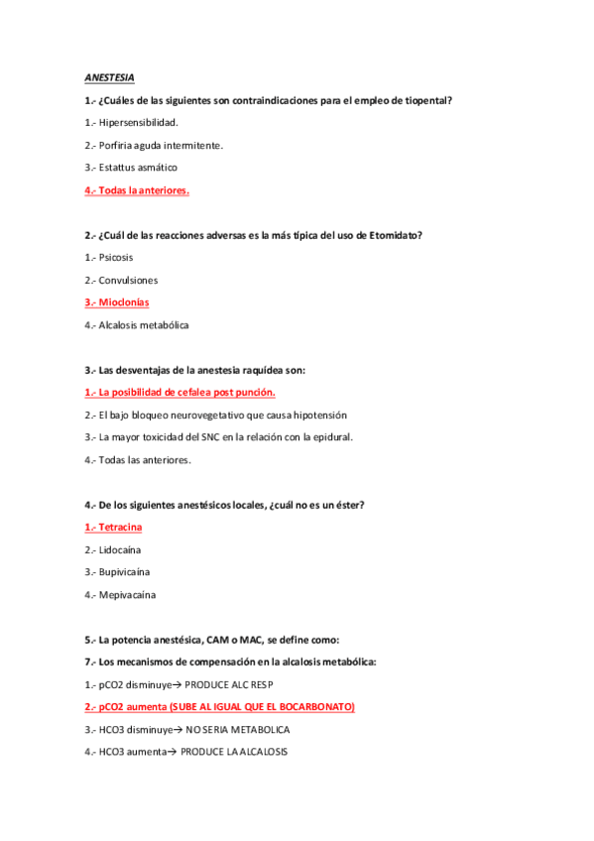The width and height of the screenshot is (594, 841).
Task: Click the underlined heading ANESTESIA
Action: pos(109,77)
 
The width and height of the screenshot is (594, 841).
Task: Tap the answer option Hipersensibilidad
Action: pos(138,123)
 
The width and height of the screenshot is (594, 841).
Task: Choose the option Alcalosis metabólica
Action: pos(143,325)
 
